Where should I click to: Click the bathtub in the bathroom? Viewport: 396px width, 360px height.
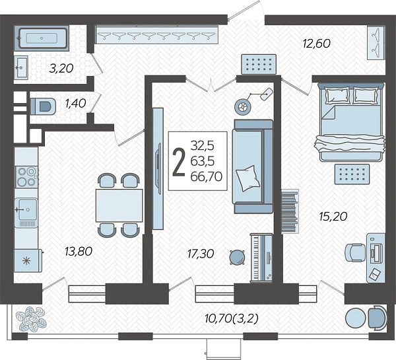point(43,38)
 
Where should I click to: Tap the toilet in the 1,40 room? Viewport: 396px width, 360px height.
point(43,106)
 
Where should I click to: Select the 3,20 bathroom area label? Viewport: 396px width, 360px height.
point(61,68)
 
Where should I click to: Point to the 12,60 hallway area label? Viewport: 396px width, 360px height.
point(316,44)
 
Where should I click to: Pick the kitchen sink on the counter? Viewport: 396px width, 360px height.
point(26,209)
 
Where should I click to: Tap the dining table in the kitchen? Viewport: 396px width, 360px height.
point(119,205)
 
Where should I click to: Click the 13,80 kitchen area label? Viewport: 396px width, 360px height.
point(79,251)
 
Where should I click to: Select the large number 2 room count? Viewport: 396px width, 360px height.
point(179,161)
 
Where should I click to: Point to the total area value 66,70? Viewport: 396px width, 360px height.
point(207,176)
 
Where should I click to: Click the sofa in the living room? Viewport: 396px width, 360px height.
point(253,166)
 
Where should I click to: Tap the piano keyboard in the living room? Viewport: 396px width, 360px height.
point(261,258)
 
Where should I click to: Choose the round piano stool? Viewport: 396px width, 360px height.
point(237,257)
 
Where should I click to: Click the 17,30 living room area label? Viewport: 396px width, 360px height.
point(201,254)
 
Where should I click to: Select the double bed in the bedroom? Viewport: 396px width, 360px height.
point(351,122)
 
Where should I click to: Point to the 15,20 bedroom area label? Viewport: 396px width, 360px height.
point(333,217)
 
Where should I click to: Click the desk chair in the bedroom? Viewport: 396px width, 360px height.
point(355,252)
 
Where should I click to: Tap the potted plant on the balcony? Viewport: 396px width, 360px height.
point(31,318)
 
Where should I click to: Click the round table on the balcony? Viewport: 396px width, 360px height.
point(355,318)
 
